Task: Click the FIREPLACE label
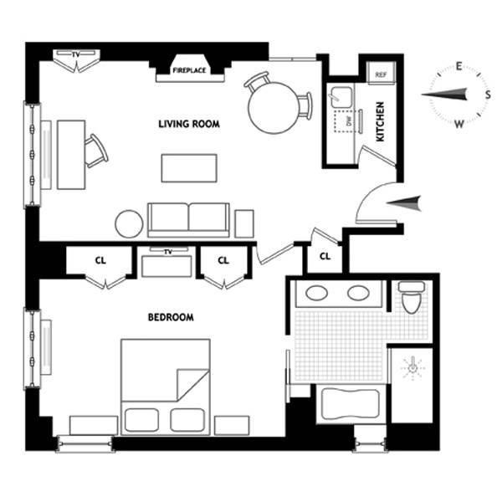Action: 189,70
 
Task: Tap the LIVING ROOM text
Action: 189,124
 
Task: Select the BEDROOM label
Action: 171,317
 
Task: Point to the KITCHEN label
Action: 380,121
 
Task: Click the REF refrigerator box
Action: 381,74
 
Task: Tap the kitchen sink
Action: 341,97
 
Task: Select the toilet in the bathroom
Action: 412,297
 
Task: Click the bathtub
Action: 351,404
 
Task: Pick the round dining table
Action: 274,108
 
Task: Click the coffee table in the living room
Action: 189,168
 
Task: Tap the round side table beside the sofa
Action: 129,223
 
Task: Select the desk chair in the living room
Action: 96,151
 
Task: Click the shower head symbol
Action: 413,368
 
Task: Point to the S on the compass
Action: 488,95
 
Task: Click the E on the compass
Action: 458,66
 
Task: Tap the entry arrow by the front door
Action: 403,203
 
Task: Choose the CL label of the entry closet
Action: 325,256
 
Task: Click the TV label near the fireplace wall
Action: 75,54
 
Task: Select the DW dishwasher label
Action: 349,121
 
